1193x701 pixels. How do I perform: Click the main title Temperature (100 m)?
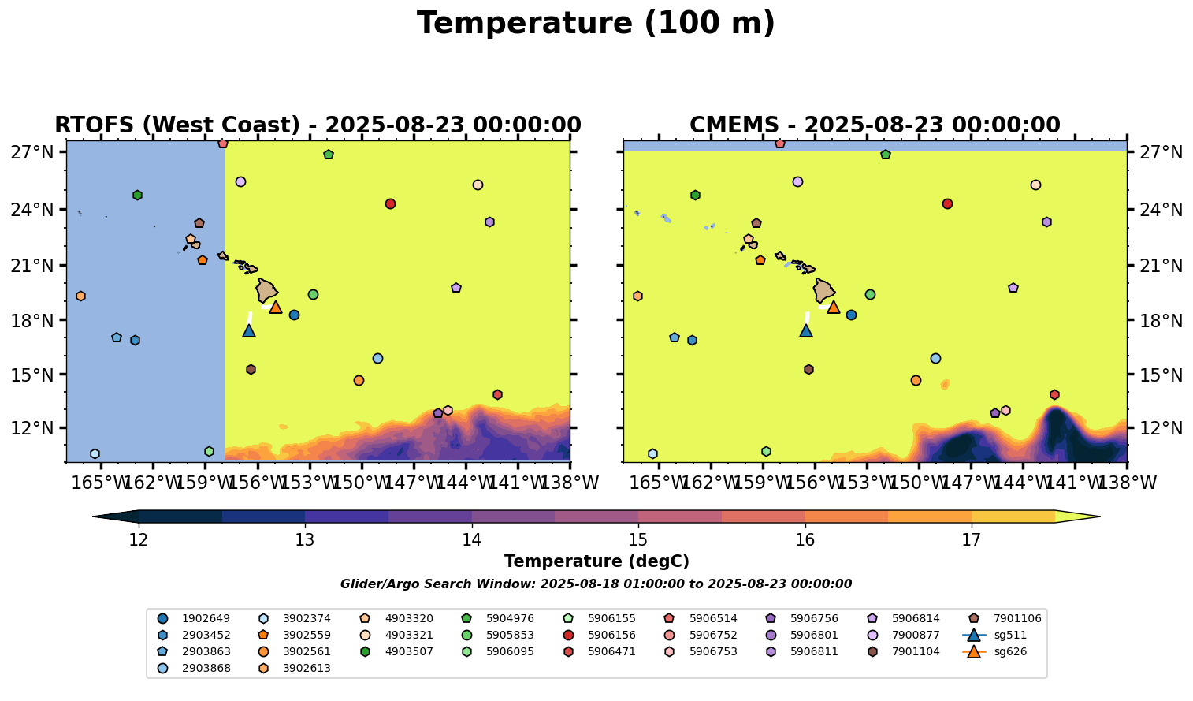pos(596,24)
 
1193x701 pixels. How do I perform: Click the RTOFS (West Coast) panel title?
pos(318,125)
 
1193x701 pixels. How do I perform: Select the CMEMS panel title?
pos(875,125)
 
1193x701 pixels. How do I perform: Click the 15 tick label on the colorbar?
pos(638,540)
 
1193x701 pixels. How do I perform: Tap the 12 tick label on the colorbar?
pos(139,540)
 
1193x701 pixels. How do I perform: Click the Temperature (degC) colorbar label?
pos(596,561)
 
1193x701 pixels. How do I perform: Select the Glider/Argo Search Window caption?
pos(596,584)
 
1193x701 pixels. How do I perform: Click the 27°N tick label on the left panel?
pos(32,152)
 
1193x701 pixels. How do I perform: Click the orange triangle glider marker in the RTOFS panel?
pos(276,307)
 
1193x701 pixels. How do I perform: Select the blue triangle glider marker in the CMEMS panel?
pos(805,330)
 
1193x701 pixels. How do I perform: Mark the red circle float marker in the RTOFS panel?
pos(390,203)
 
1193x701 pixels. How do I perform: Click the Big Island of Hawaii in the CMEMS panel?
pos(824,290)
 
